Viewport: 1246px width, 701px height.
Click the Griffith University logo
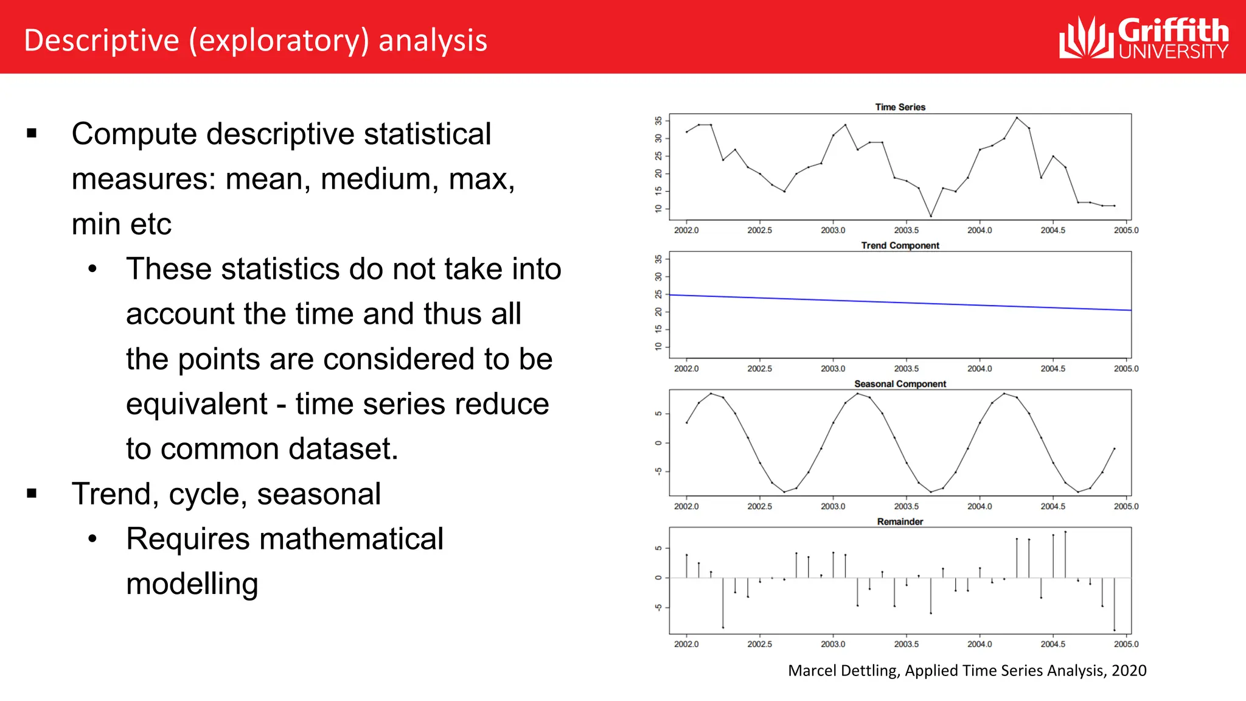[x=1143, y=38]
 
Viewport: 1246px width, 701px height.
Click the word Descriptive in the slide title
[x=101, y=41]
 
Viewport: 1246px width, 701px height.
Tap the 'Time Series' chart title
[x=900, y=107]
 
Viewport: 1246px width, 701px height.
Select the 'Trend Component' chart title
[x=900, y=245]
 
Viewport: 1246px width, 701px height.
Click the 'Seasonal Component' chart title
[x=900, y=384]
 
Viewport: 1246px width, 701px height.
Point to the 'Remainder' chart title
[x=900, y=521]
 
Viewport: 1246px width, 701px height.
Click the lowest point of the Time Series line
[x=930, y=216]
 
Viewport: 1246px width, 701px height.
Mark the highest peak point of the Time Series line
[x=1017, y=117]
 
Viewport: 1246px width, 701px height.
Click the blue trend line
[x=900, y=302]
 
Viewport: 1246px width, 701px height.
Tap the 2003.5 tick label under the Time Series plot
[x=906, y=231]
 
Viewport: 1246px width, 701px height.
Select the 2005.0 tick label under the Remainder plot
[x=1126, y=644]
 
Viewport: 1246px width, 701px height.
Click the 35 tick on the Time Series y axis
[x=658, y=120]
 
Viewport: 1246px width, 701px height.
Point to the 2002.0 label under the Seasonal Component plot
[x=686, y=506]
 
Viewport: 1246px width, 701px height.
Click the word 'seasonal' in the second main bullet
[x=319, y=494]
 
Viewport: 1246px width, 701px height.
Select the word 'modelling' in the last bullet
[x=192, y=584]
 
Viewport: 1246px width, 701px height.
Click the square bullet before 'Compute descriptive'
[x=32, y=133]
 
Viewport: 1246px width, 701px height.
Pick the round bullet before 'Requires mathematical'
[x=92, y=539]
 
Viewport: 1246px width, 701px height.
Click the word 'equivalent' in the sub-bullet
[x=197, y=404]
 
